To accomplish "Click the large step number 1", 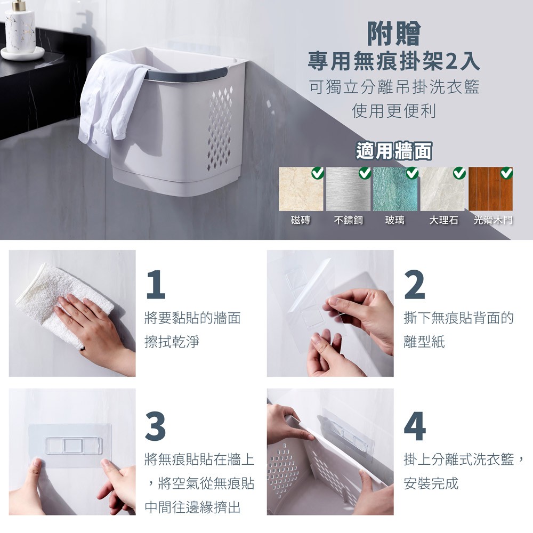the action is click(156, 285).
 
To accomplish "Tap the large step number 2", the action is click(415, 285).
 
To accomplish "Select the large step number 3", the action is click(155, 426).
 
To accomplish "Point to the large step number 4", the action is click(415, 426).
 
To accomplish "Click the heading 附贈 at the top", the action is click(394, 34).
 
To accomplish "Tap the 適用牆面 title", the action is click(394, 151).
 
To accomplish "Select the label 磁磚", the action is click(301, 220).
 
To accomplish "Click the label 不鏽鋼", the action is click(349, 220).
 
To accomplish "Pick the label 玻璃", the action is click(395, 220).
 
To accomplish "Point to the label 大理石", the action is click(443, 220).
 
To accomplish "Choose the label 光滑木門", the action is click(493, 220).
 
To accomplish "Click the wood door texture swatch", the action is click(490, 189).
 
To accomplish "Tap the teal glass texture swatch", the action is click(395, 189).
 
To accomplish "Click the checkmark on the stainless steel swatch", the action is click(365, 173).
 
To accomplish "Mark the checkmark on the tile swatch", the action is click(318, 173).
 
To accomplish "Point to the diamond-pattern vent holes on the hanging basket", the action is click(221, 128).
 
